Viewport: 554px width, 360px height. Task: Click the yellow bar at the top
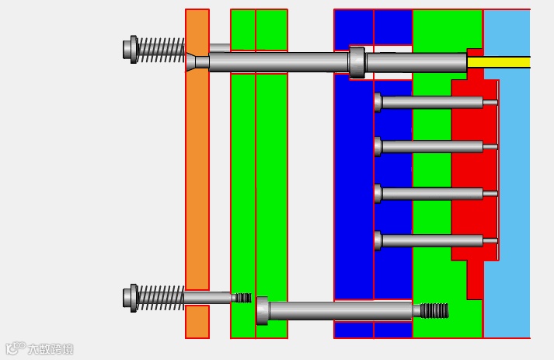click(498, 62)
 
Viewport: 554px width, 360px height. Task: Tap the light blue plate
click(509, 194)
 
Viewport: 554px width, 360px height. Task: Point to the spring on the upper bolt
click(162, 49)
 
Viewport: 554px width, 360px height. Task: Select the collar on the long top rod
click(357, 62)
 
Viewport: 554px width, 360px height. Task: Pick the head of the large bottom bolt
click(263, 311)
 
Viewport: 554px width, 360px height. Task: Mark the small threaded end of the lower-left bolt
click(242, 298)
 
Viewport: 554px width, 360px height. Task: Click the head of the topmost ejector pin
click(378, 102)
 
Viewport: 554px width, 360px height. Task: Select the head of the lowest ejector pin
click(378, 241)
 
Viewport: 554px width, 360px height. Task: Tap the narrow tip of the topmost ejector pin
click(490, 102)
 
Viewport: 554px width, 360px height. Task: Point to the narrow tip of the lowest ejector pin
click(490, 241)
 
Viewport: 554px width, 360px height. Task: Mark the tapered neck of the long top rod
click(191, 61)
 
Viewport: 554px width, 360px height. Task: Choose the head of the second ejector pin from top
click(378, 146)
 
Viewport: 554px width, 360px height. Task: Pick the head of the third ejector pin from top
click(378, 194)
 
